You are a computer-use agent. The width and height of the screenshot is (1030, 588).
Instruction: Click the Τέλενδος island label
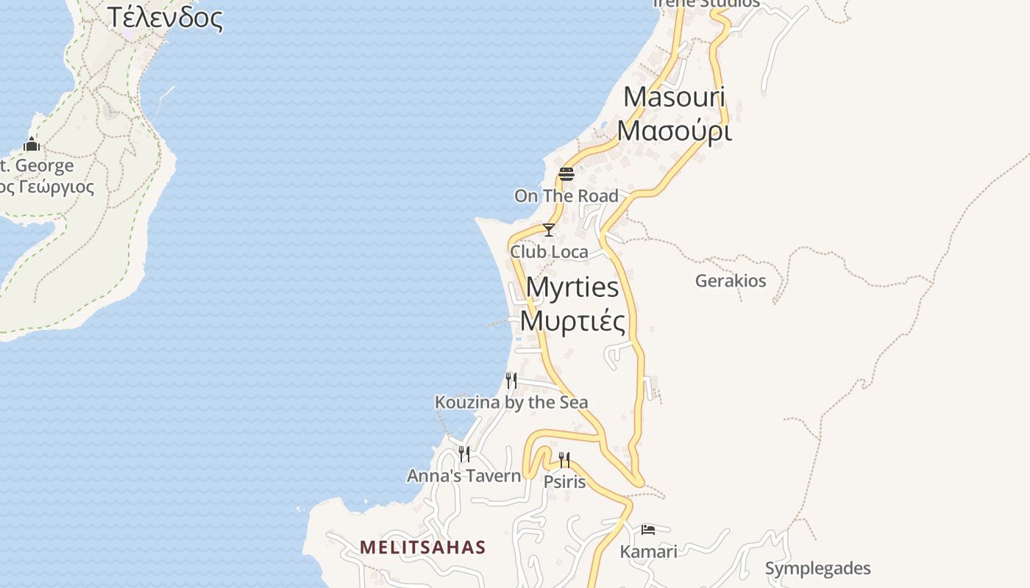165,18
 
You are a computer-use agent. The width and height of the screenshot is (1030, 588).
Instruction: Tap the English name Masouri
675,97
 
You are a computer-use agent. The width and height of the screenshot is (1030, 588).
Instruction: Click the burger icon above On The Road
566,174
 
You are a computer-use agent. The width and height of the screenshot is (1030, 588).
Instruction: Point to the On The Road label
566,196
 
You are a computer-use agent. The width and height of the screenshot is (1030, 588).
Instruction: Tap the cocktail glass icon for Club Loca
548,230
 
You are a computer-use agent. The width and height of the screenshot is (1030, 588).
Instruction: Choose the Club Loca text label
549,252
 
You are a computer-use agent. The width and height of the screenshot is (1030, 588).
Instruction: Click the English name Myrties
573,287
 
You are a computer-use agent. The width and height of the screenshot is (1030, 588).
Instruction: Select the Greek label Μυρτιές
573,321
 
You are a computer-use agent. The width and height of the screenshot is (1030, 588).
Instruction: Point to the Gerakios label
730,281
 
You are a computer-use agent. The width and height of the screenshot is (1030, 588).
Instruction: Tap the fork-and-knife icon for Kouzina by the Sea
511,380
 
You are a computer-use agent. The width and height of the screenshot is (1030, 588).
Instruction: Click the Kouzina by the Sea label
511,402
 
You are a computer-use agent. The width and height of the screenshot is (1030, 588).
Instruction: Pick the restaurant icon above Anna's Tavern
464,453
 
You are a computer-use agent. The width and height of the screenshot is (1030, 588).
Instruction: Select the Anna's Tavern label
464,476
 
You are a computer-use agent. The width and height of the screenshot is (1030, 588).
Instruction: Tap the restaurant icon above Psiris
564,460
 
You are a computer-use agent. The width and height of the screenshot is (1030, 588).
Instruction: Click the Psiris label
564,482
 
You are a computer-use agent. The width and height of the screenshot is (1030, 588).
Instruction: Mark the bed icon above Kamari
648,529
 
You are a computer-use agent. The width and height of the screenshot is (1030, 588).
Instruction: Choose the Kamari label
648,551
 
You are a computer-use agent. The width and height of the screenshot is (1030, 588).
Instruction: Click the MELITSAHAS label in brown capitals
423,547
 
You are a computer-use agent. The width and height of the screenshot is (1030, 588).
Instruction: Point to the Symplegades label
817,568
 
